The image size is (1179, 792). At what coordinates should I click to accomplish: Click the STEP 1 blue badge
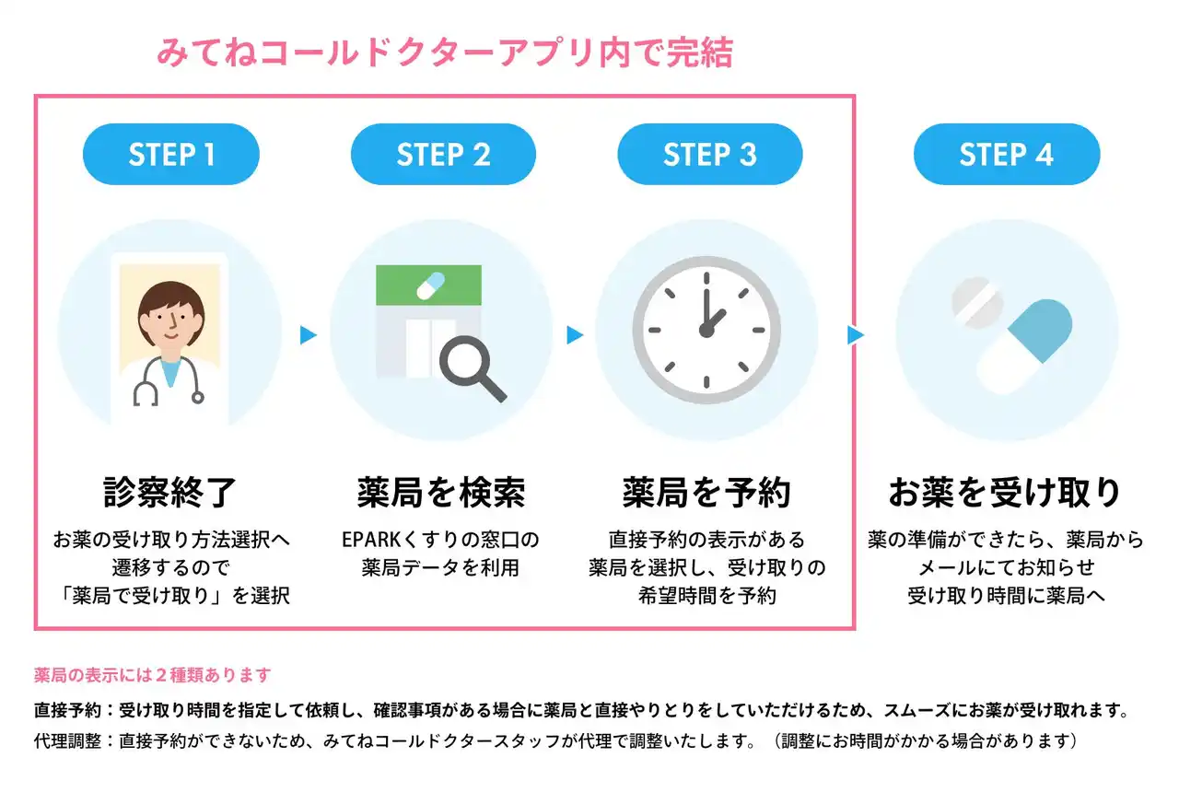(x=171, y=155)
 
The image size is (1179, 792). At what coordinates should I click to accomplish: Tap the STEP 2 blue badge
(x=443, y=155)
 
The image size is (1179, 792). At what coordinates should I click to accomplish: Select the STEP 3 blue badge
(x=709, y=155)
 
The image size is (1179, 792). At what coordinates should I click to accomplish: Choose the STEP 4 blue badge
(x=1006, y=155)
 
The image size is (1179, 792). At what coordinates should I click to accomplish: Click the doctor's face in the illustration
(x=169, y=318)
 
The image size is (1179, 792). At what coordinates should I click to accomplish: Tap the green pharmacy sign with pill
(x=428, y=285)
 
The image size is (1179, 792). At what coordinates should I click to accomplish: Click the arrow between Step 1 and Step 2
(x=309, y=335)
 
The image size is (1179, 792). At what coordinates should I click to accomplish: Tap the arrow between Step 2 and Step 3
(x=576, y=335)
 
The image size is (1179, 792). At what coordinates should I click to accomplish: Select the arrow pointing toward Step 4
(x=856, y=335)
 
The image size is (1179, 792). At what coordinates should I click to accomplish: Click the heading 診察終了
(x=170, y=493)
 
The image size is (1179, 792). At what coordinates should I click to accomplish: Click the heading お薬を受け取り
(x=1005, y=493)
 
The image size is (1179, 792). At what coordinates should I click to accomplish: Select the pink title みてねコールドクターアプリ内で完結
(x=444, y=52)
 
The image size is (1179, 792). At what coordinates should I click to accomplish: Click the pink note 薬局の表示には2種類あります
(x=153, y=675)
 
